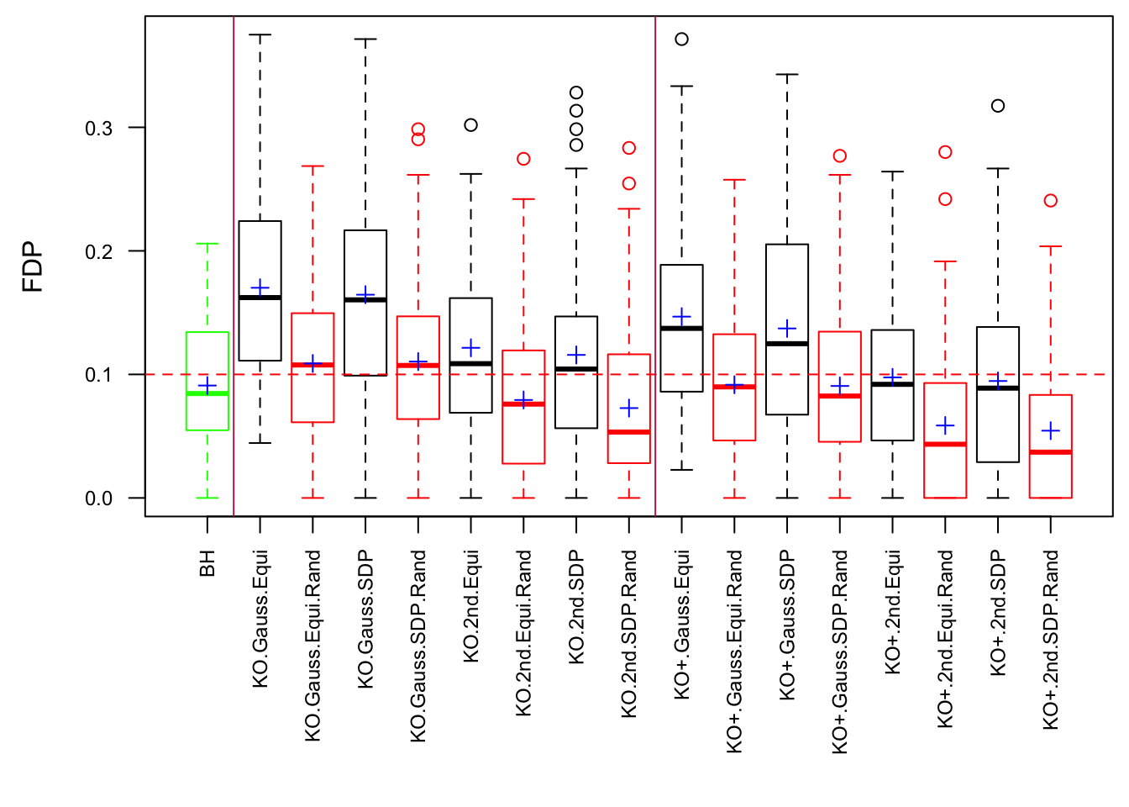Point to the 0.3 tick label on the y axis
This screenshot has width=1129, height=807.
point(98,129)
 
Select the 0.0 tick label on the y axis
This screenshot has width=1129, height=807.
point(98,498)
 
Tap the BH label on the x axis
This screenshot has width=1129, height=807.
point(207,563)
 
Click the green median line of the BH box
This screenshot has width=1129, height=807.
point(207,393)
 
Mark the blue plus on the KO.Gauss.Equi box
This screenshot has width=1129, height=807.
point(260,288)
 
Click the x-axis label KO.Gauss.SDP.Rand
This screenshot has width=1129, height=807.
point(418,646)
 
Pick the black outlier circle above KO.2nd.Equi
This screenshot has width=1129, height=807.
point(471,125)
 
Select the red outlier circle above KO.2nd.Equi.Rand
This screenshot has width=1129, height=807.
point(523,159)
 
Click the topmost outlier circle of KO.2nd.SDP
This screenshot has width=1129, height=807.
point(576,92)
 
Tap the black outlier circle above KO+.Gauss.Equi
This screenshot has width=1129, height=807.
point(682,40)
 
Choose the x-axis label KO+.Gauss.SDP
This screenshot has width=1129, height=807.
point(787,625)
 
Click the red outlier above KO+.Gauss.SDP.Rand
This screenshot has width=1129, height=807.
point(840,156)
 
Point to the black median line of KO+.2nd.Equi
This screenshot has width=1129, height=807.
point(892,384)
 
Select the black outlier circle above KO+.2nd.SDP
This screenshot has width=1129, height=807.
point(998,106)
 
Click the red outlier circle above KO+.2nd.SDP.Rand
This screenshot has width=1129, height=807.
point(1051,201)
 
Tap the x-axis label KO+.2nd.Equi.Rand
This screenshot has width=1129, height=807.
point(945,639)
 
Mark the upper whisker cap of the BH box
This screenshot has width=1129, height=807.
point(207,244)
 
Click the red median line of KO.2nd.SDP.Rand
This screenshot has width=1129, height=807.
point(629,432)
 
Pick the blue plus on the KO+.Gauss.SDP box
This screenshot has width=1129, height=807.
point(787,328)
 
